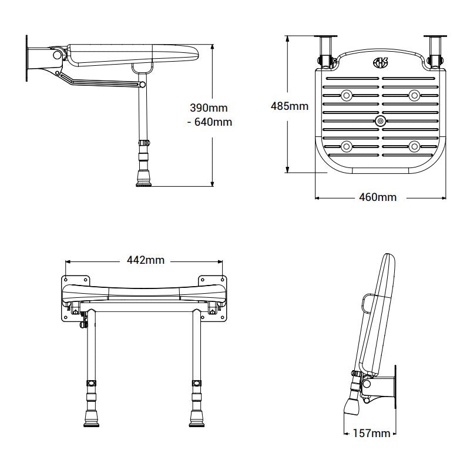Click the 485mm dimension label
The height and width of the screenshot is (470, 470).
(289, 106)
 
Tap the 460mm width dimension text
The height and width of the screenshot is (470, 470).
(378, 197)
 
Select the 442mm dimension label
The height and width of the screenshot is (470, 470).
(145, 260)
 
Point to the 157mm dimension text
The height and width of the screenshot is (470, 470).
(371, 434)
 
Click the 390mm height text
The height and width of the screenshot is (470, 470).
(209, 108)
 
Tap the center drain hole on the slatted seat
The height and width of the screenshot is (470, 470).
(380, 122)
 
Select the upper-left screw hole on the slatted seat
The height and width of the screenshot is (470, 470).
(346, 94)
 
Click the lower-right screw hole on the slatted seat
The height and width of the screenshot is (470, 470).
(414, 146)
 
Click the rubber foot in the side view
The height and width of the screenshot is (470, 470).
(143, 179)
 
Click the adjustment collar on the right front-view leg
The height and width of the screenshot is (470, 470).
(196, 384)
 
